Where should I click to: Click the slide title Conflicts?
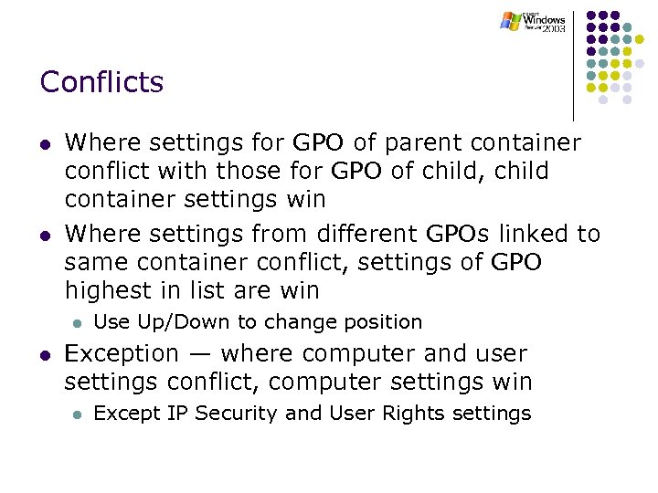101,82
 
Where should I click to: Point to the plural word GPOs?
459,235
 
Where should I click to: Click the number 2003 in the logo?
553,29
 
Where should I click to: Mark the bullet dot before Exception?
45,354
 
